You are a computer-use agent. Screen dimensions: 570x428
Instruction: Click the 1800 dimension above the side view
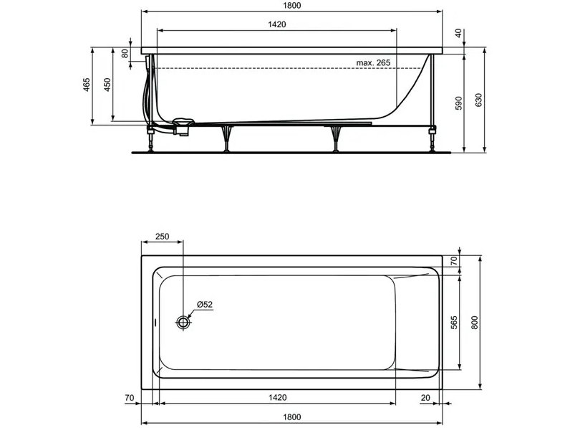coord(292,6)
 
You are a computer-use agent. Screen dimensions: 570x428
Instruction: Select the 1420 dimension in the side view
coord(277,24)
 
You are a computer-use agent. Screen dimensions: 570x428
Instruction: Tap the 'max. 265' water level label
coord(373,62)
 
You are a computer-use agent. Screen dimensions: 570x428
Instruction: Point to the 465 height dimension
coord(87,85)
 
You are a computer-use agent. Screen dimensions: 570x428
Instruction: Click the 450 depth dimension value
coord(107,85)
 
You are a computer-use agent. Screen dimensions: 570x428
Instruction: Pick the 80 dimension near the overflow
coord(125,54)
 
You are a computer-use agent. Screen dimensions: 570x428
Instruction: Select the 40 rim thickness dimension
coord(458,33)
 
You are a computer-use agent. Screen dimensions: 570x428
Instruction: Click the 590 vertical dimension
coord(458,103)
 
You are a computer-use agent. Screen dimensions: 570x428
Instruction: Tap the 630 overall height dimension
coord(478,100)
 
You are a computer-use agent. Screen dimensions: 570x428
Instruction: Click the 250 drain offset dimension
coord(162,237)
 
